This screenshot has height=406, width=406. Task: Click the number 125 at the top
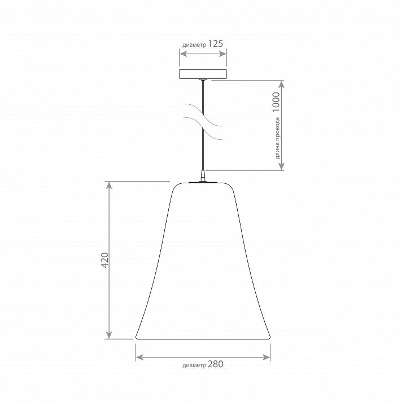[x=215, y=43]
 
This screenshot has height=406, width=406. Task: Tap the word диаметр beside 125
[x=194, y=45]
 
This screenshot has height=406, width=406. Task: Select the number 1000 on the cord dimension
[x=276, y=101]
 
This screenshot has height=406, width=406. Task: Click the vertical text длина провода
[x=277, y=138]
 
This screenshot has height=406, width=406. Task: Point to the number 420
[x=104, y=260]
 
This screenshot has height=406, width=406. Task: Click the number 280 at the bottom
[x=215, y=364]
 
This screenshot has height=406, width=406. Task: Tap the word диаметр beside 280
[x=194, y=365]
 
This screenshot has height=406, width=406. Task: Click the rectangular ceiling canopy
[x=203, y=74]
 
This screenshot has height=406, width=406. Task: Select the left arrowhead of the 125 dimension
[x=183, y=54]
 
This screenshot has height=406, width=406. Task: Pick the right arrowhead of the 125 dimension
[x=223, y=54]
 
